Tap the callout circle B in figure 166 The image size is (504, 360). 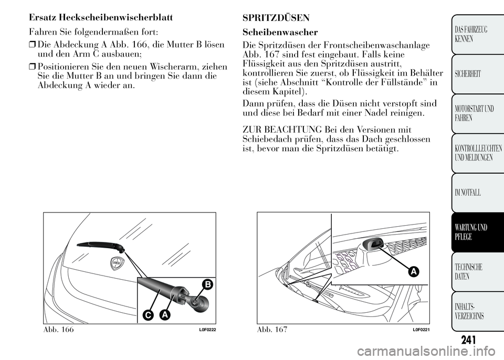coord(207,285)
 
